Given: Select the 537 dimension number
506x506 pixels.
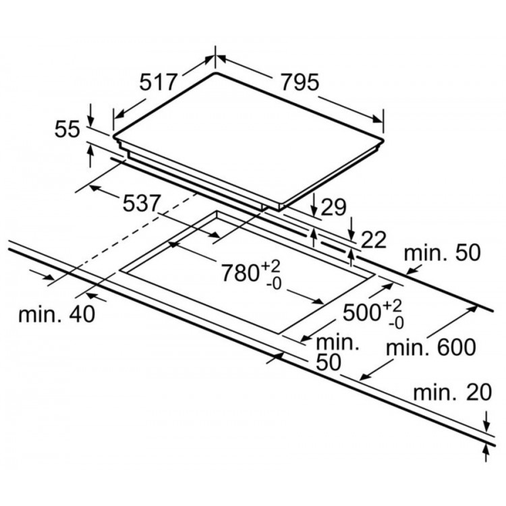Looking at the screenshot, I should coord(140,203).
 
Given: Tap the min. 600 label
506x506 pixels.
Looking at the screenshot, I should coord(432,347).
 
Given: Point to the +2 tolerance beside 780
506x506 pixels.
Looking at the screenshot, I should coord(275,266).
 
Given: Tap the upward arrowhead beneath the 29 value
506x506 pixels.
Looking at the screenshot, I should coord(314,233).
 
